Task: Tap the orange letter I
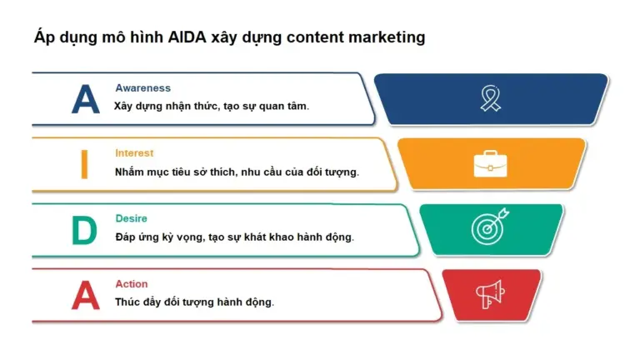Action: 84,164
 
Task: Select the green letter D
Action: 84,230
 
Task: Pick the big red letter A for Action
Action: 85,295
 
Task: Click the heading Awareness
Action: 142,88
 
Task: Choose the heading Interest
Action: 134,153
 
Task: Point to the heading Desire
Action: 131,218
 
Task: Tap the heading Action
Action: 131,284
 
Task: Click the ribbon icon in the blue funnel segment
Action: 491,98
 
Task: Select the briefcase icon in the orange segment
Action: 491,164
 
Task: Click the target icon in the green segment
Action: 490,227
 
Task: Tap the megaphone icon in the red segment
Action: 490,293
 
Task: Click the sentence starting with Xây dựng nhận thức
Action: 212,107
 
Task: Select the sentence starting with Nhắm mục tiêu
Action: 237,172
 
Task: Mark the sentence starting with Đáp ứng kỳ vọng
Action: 234,237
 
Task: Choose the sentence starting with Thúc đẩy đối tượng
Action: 194,302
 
